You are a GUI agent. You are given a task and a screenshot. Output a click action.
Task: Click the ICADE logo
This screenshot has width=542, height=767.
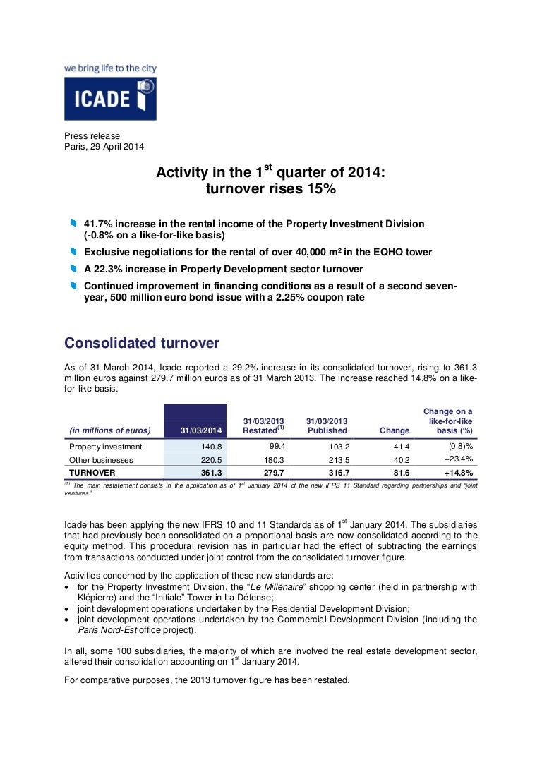click(x=110, y=98)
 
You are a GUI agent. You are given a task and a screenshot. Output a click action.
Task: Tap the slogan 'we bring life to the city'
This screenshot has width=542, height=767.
click(x=110, y=69)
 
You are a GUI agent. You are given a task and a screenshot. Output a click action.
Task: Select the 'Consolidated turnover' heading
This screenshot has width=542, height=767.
click(x=142, y=343)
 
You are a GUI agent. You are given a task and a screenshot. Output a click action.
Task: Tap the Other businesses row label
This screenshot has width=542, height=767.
click(x=100, y=460)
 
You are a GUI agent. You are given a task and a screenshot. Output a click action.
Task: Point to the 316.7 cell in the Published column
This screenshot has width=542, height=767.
click(x=335, y=473)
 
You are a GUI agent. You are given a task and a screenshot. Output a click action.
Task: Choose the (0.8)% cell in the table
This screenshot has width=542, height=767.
click(x=460, y=447)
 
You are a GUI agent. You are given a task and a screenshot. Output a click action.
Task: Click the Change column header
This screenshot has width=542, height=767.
click(x=394, y=430)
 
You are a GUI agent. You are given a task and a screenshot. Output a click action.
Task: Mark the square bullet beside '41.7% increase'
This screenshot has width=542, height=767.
click(x=73, y=224)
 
